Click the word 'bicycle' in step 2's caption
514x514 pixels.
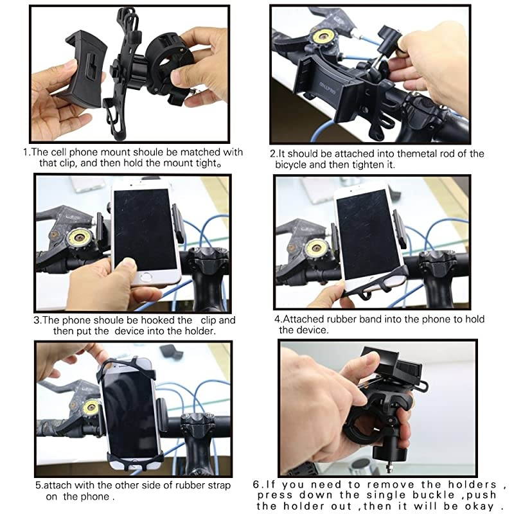coord(293,165)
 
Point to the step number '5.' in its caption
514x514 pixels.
coord(39,485)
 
